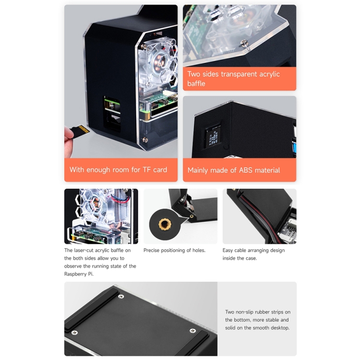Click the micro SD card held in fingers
[79, 131]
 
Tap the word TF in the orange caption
[147, 169]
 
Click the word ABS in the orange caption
[246, 170]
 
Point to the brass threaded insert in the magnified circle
[164, 224]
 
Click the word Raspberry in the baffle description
[75, 274]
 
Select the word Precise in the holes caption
[151, 250]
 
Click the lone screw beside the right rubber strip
[192, 330]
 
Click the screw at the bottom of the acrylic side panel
[144, 140]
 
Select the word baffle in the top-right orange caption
[196, 84]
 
